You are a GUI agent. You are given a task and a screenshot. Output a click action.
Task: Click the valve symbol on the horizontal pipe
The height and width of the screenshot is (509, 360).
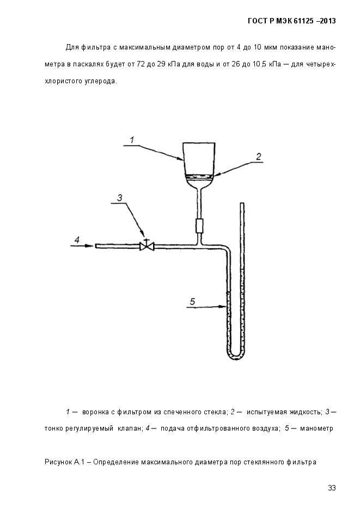147,246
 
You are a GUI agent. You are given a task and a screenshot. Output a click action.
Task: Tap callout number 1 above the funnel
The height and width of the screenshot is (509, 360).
132,140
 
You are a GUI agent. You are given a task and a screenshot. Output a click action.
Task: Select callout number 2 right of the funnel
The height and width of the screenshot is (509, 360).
258,157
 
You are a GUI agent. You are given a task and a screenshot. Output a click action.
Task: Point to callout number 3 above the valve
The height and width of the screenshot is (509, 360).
120,198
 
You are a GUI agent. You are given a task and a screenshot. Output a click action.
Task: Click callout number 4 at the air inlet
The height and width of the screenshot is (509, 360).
77,240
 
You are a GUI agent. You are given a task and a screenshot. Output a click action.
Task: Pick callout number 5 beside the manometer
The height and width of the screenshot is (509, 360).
192,302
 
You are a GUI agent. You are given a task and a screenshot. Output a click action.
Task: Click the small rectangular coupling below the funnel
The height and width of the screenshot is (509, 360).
199,225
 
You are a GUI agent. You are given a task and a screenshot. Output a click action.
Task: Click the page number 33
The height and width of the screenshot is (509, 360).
332,488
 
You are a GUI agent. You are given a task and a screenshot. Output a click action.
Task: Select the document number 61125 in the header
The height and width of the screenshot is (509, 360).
303,21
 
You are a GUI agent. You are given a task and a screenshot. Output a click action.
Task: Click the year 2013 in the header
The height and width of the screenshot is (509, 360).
328,21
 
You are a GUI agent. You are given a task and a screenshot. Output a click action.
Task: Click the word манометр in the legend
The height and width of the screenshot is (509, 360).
316,428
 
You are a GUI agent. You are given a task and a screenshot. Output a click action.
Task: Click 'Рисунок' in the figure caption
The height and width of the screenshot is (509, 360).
58,462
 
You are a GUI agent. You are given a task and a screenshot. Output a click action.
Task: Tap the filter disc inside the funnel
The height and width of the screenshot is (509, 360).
199,176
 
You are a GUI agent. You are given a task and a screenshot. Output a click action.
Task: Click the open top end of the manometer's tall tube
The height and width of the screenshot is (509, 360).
242,204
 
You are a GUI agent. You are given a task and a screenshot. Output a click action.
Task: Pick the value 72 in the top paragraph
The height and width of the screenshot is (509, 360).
141,64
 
